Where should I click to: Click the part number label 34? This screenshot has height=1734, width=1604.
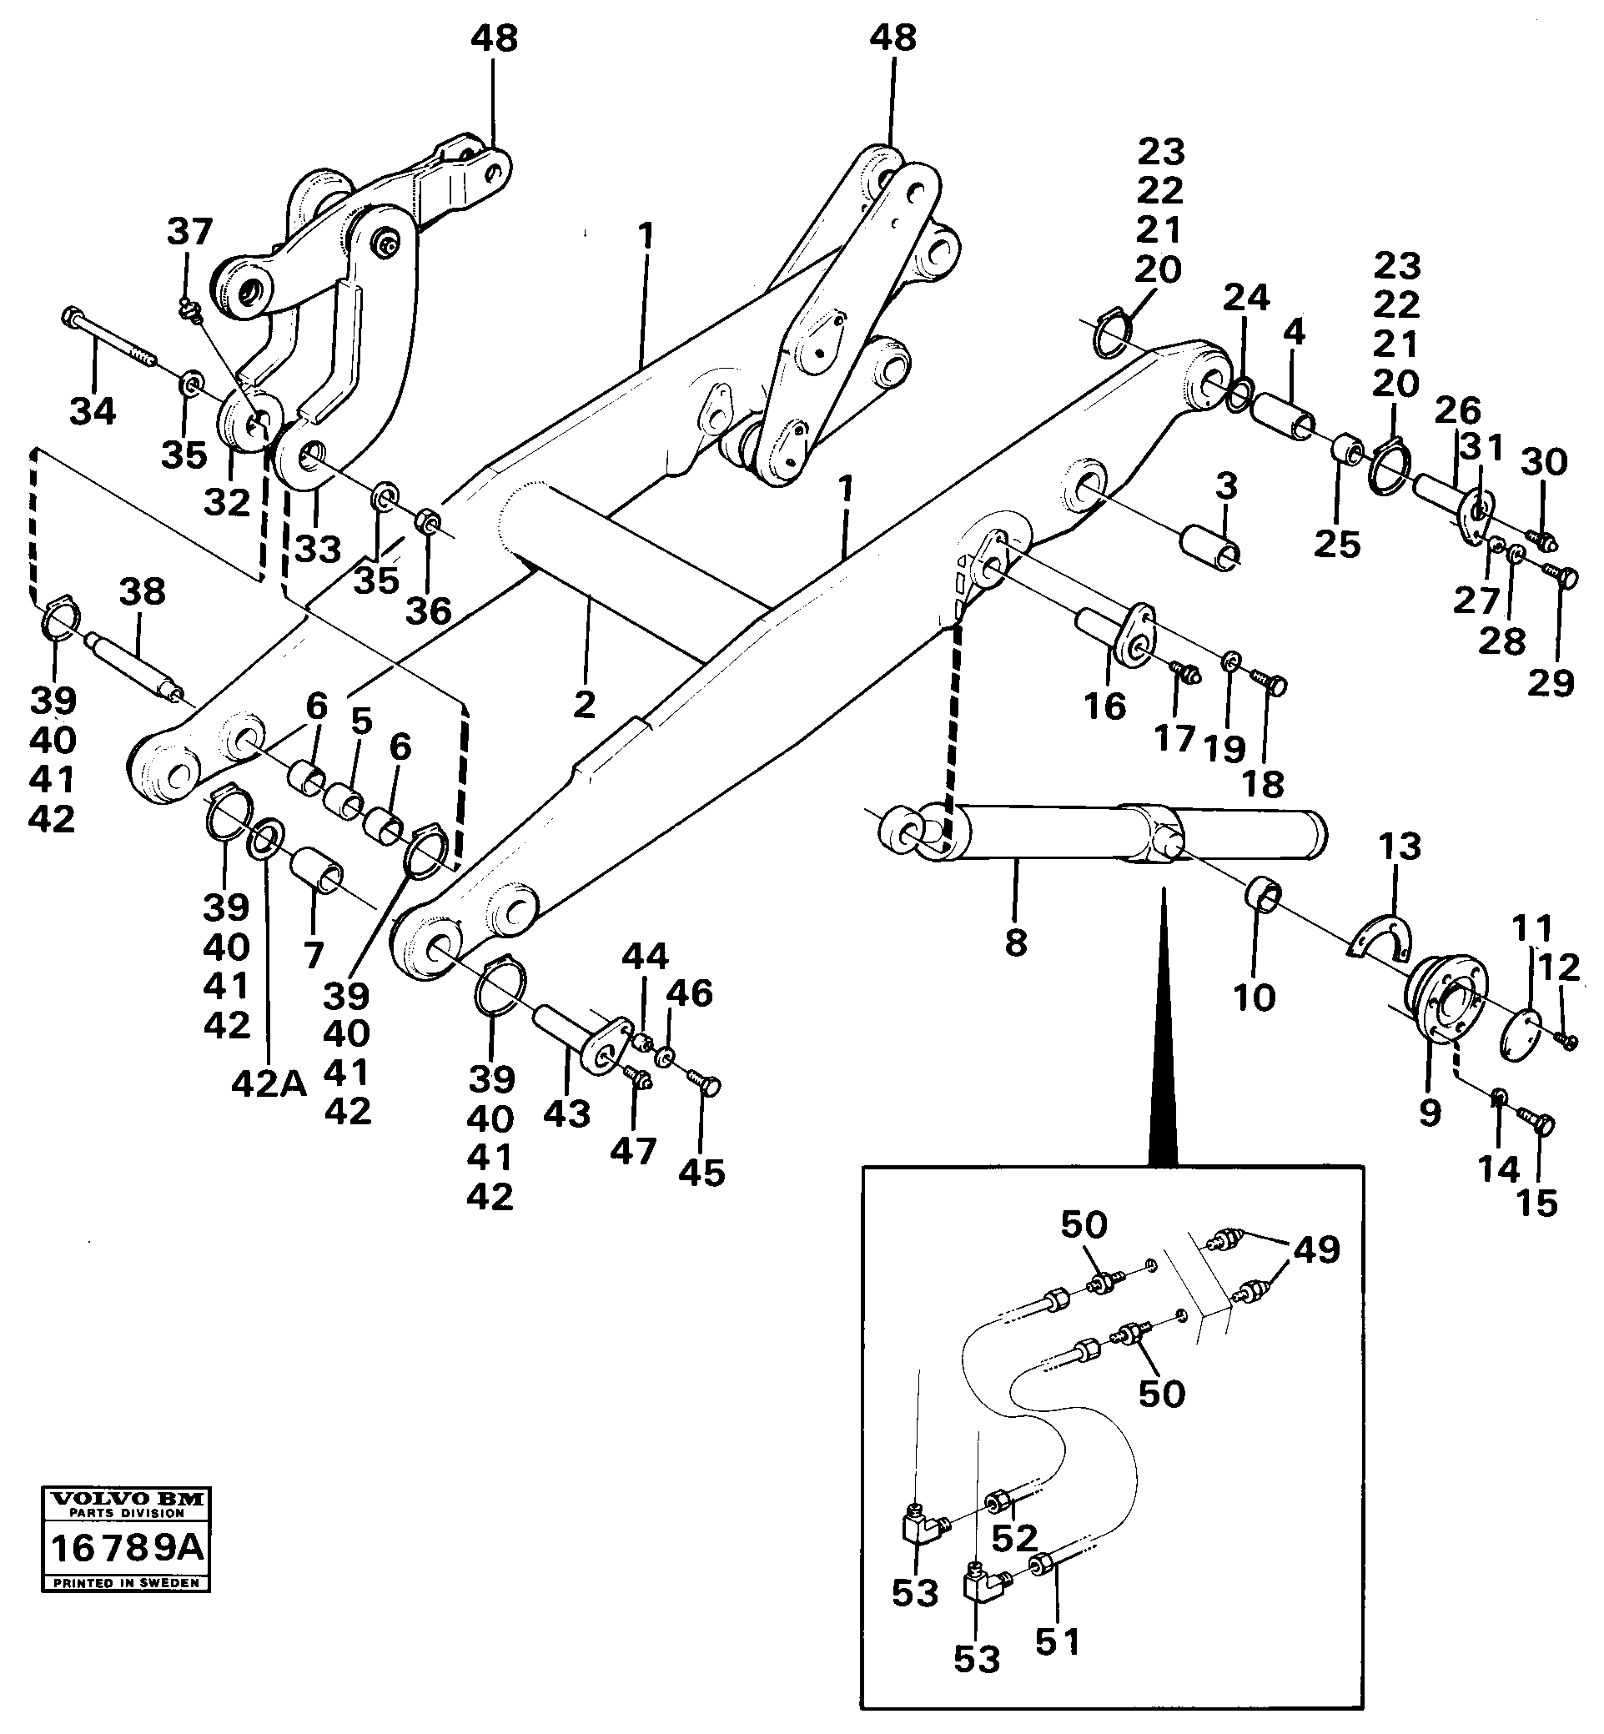tap(93, 410)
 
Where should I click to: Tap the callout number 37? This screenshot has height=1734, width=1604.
tap(189, 232)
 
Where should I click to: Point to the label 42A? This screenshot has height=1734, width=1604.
tap(269, 1083)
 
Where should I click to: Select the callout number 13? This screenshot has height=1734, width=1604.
tap(1399, 847)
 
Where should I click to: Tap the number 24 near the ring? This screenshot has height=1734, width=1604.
tap(1246, 298)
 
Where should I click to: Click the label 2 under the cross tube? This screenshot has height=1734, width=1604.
tap(584, 705)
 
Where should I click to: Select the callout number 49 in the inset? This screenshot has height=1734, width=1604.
tap(1317, 1249)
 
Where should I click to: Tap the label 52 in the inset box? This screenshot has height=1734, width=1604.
tap(1014, 1538)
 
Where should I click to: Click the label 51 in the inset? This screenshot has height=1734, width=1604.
tap(1058, 1642)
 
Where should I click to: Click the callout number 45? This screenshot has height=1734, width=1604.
tap(701, 1174)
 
